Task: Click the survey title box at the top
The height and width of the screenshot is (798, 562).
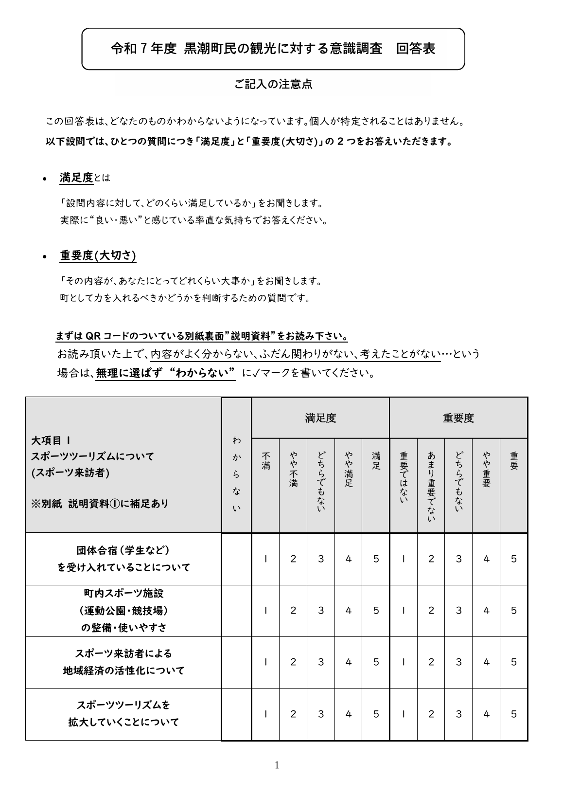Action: (273, 49)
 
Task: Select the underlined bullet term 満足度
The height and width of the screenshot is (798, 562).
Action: (76, 178)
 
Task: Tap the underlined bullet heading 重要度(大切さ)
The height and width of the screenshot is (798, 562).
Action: (98, 255)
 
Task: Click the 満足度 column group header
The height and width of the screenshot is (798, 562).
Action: (320, 418)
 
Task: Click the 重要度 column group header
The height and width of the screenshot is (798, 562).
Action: (458, 418)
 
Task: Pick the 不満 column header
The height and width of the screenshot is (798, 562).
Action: (265, 461)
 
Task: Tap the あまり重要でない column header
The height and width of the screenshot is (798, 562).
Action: (431, 486)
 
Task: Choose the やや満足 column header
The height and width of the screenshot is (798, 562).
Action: (348, 469)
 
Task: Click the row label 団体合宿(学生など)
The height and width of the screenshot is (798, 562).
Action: (123, 550)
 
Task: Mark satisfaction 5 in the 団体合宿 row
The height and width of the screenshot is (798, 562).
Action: (376, 559)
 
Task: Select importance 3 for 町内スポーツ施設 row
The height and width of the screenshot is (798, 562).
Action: (458, 611)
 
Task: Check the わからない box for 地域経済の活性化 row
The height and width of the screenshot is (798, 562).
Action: (236, 662)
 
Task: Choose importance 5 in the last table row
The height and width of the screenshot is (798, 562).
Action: (514, 714)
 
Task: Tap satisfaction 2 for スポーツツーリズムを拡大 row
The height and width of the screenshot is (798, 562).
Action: (293, 714)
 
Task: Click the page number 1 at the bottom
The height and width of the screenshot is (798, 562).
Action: (277, 765)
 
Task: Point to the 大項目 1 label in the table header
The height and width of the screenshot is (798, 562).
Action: (51, 440)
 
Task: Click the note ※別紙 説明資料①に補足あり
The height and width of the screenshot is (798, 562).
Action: (100, 504)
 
